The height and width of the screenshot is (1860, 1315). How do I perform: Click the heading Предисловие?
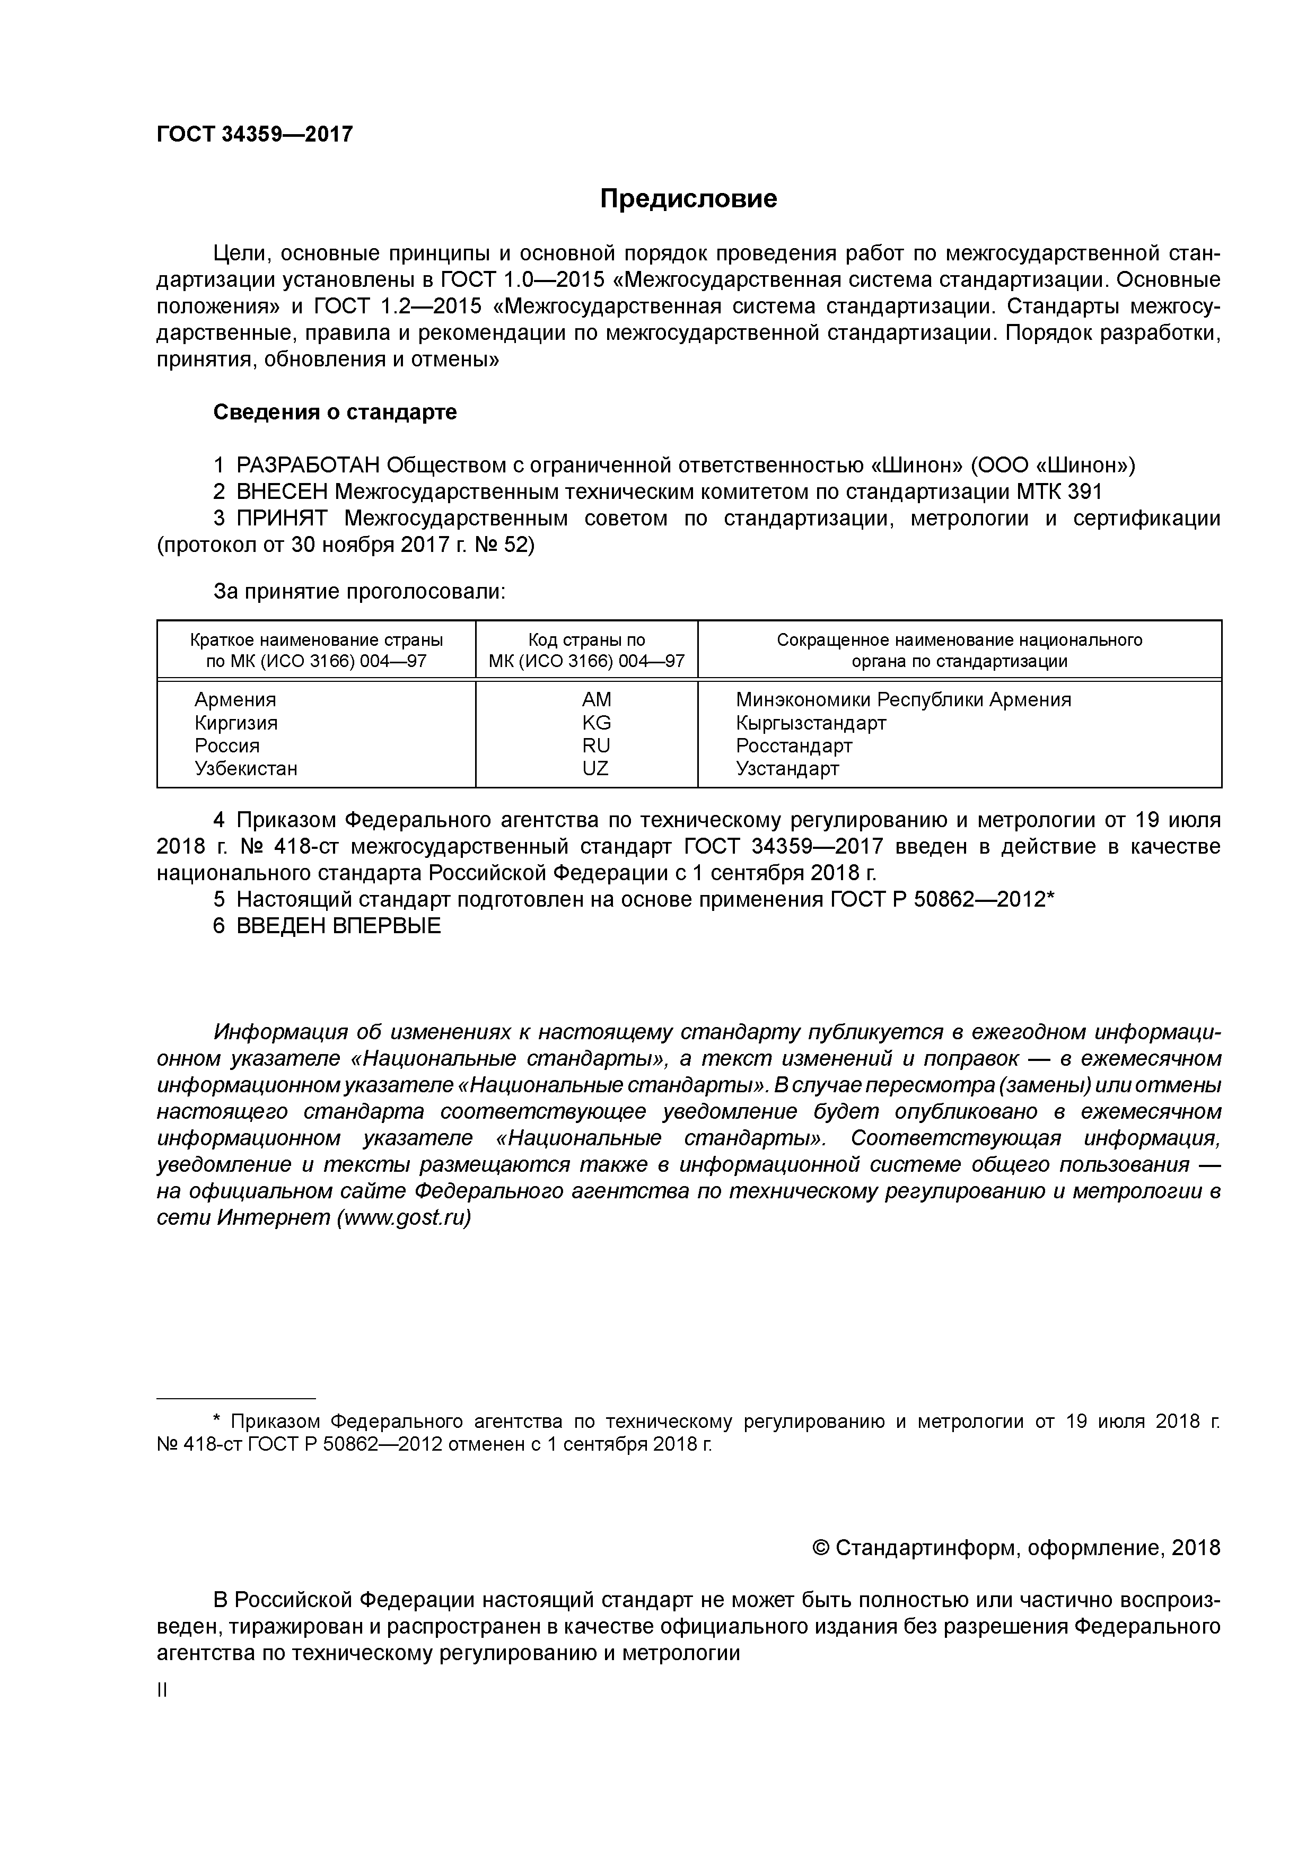[x=688, y=198]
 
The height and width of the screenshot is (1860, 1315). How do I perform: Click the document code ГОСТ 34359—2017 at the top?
[x=255, y=134]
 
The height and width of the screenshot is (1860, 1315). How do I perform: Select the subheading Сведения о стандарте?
[x=335, y=413]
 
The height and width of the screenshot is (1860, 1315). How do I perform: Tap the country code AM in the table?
[x=597, y=699]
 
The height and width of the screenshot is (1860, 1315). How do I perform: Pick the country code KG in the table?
[x=597, y=723]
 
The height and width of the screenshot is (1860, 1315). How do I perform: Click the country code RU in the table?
[x=597, y=745]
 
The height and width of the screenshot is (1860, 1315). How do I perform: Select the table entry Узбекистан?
[x=246, y=768]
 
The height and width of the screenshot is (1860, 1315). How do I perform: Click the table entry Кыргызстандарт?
[x=810, y=723]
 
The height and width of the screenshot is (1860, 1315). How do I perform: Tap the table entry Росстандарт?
[x=794, y=745]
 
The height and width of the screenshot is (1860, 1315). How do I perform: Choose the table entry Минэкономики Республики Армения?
[x=902, y=699]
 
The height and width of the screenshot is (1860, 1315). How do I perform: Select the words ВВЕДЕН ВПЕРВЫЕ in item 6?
[x=339, y=925]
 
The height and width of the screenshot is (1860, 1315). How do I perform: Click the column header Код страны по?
[x=586, y=640]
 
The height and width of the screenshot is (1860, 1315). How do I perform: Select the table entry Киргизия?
[x=236, y=723]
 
